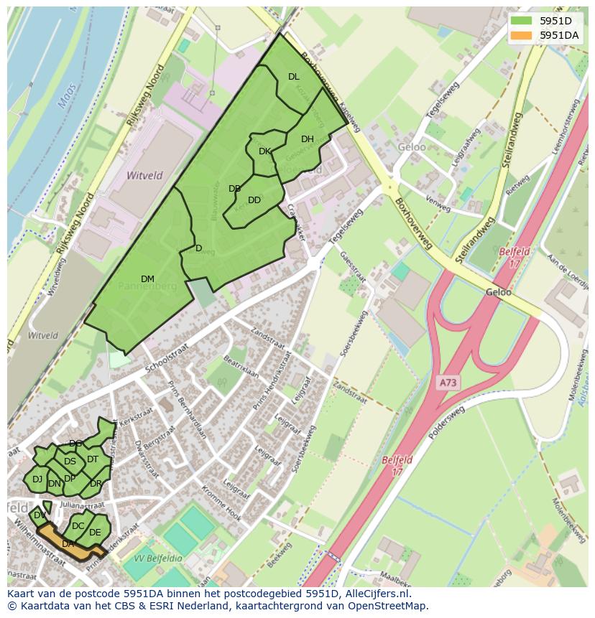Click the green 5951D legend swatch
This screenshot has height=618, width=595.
click(521, 20)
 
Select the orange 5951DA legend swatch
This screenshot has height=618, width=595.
click(521, 34)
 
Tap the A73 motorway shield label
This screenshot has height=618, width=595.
click(448, 383)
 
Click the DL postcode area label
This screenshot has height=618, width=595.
click(293, 77)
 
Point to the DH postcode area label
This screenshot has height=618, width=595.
click(308, 139)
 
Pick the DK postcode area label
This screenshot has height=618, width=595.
click(264, 151)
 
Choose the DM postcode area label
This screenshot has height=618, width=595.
click(147, 279)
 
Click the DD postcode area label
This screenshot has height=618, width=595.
click(254, 200)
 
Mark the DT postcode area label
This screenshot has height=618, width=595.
click(93, 459)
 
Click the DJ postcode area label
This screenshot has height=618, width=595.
click(37, 479)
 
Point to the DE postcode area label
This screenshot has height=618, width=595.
click(95, 533)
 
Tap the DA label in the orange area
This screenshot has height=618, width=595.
click(68, 544)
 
